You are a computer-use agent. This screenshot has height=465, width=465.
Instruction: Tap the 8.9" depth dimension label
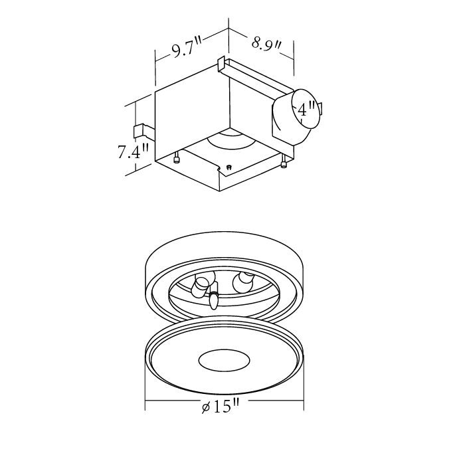coord(268,45)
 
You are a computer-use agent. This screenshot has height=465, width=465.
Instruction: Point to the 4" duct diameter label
coord(306,110)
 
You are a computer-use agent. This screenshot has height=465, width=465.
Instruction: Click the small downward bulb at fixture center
coord(214,300)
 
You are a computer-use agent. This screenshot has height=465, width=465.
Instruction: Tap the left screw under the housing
coord(177,158)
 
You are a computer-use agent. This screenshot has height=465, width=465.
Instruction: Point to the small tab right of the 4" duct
coord(320,109)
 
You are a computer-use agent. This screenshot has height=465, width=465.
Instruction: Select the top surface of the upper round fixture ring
coord(224,249)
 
